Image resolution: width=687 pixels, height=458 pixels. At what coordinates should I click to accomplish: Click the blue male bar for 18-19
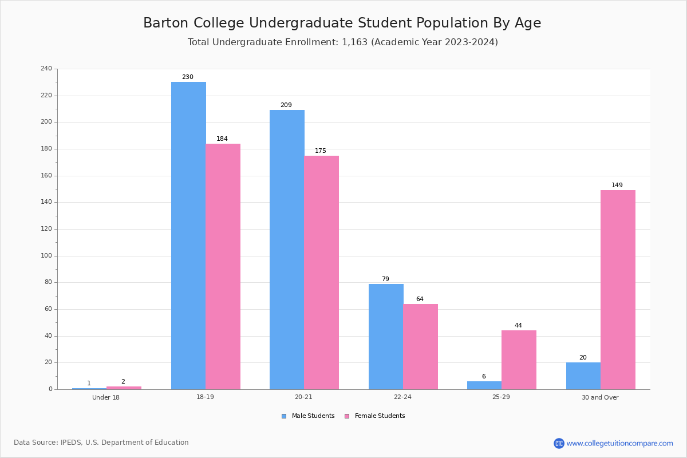coord(188,235)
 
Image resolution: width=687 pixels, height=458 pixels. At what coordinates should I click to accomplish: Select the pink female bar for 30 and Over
coord(618,290)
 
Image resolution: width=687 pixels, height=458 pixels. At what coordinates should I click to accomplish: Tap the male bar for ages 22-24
coord(386,337)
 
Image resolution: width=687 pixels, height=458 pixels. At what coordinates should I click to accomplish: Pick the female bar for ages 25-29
coord(519,360)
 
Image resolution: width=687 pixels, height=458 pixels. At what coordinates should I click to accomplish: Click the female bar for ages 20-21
coord(321,273)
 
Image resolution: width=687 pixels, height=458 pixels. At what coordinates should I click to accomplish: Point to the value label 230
coord(188,77)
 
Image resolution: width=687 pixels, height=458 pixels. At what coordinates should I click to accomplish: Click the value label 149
coord(617,185)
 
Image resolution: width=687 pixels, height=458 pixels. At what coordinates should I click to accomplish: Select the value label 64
coord(420,299)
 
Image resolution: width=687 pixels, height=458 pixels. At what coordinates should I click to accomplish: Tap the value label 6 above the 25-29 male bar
coord(484,377)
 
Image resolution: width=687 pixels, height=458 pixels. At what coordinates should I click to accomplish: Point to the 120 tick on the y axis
coord(46,229)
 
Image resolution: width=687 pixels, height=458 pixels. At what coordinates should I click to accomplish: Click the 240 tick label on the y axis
coord(46,69)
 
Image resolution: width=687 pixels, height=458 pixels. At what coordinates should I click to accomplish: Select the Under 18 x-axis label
coord(106,397)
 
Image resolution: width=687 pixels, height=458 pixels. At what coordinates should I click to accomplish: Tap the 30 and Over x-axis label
coord(600,397)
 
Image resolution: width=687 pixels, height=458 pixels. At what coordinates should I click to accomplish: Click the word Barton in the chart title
coord(165,23)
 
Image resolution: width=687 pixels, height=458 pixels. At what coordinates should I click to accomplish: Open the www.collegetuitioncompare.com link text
coord(619,443)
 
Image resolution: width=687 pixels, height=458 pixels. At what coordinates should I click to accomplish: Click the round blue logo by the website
coord(559,443)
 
